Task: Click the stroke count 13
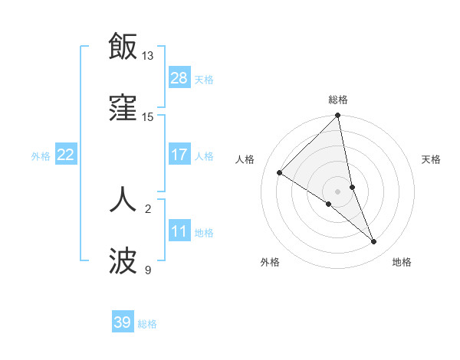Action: coord(148,56)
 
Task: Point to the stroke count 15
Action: coord(148,117)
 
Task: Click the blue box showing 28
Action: coord(179,78)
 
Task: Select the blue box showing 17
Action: coord(179,155)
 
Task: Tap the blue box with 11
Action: coord(179,231)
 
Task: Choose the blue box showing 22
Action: coord(66,155)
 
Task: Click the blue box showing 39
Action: coord(123,322)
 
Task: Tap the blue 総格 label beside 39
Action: coord(147,324)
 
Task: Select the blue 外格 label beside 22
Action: coord(41,156)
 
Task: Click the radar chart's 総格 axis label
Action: coord(338,100)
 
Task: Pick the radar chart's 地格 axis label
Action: coord(402,262)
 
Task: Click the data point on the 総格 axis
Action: coord(338,116)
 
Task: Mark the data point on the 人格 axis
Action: coord(280,173)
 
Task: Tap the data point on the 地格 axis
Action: coord(374,242)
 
